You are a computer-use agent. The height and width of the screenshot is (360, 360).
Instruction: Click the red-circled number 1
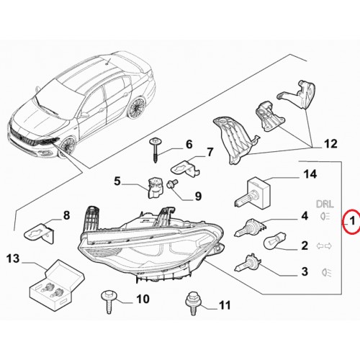[352, 221]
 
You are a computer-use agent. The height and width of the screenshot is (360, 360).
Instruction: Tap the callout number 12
[330, 144]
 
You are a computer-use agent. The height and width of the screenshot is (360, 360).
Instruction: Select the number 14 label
[310, 174]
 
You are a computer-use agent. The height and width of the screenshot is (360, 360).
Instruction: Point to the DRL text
[325, 204]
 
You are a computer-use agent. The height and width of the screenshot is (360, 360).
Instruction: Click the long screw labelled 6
[155, 150]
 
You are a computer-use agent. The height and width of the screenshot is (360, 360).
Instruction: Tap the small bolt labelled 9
[173, 184]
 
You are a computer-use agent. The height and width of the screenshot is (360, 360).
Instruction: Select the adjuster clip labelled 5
[155, 188]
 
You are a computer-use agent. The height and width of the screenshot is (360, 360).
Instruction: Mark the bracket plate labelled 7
[185, 168]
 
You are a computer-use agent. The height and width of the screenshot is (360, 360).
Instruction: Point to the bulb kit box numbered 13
[57, 285]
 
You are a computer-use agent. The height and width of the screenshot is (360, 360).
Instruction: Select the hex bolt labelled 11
[193, 303]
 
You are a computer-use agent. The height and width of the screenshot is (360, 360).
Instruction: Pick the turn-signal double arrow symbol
[324, 246]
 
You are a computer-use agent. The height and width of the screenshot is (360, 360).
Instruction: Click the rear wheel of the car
[137, 107]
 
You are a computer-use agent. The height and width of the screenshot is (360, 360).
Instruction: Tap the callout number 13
[13, 258]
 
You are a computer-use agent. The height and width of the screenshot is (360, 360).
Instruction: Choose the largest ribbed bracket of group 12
[233, 140]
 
